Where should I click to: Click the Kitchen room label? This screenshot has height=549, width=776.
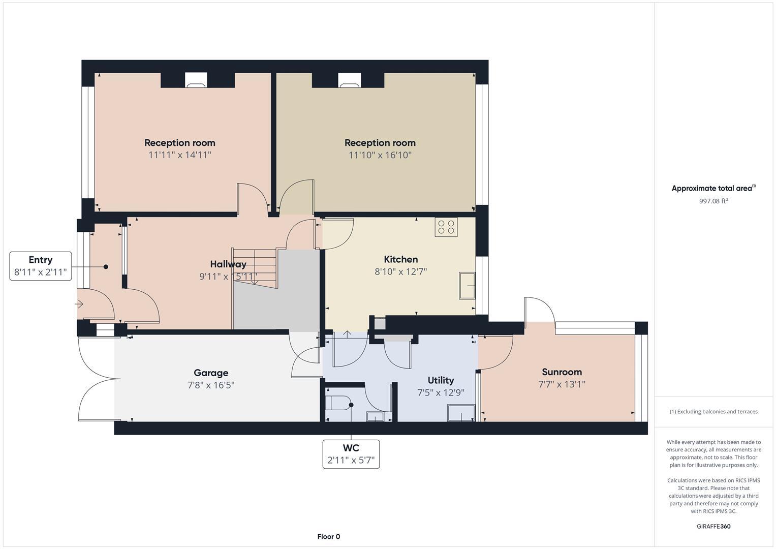tap(400, 259)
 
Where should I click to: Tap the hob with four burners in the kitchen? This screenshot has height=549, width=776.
tap(446, 227)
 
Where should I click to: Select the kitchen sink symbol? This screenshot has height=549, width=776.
tap(467, 286)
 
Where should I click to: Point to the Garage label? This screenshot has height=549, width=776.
tap(210, 373)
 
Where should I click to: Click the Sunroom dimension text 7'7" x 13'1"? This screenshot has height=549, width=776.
tap(562, 384)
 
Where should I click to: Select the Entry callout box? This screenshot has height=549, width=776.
tap(40, 266)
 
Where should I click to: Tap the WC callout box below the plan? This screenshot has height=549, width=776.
tap(351, 454)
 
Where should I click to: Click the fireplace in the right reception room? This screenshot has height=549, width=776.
tap(349, 80)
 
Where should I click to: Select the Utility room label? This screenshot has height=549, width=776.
tap(441, 380)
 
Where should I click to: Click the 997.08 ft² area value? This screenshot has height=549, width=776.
tap(713, 201)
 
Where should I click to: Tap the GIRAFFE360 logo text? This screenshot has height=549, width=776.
tap(713, 526)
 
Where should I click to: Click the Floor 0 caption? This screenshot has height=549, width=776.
tap(328, 536)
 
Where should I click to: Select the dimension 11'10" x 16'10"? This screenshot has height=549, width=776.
tap(380, 155)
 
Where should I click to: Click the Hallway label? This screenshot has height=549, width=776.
tap(228, 264)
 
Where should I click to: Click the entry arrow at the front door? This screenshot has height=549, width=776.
tap(79, 304)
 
